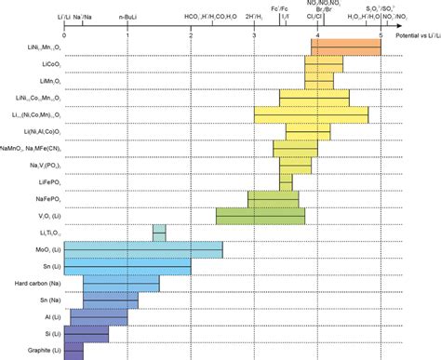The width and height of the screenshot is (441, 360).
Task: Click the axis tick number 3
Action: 254,34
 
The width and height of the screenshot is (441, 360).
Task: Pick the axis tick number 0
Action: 62,34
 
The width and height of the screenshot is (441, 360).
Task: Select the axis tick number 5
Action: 381,34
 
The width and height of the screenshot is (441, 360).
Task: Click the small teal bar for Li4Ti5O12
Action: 159,233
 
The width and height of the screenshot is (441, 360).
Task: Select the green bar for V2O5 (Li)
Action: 261,215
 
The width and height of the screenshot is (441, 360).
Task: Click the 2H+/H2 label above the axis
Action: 253,19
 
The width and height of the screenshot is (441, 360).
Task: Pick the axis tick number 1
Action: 127,34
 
